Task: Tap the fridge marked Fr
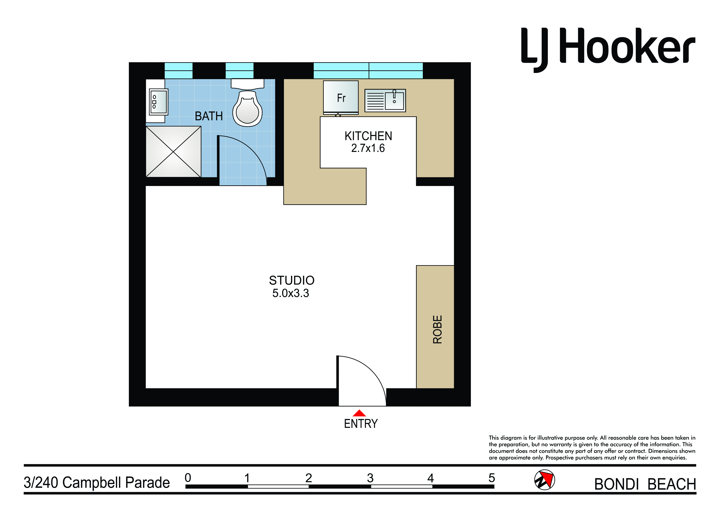(341, 98)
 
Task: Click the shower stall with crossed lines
(173, 152)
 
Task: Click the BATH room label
(209, 116)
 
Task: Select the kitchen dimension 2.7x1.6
(368, 148)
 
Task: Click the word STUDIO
(292, 280)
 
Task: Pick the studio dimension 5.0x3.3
(291, 293)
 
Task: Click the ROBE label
(437, 329)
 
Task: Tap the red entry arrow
(359, 413)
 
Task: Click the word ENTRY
(361, 424)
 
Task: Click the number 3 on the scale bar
(370, 478)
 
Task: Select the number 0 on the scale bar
(188, 478)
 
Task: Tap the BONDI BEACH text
(645, 484)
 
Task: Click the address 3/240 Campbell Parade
(97, 483)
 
